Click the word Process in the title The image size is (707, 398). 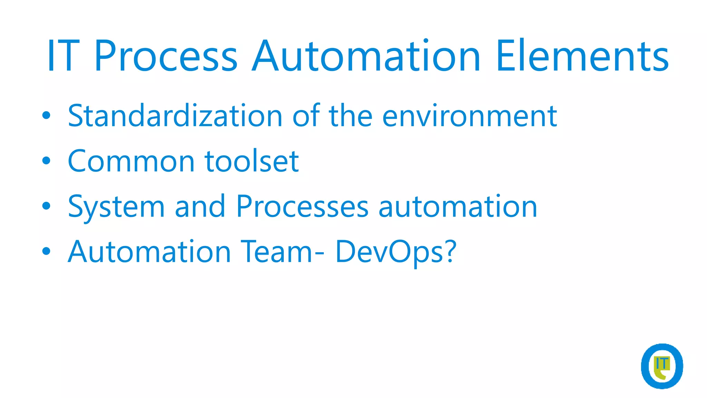point(166,56)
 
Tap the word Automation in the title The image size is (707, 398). point(366,56)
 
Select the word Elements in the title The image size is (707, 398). point(582,56)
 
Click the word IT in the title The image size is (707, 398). point(64,56)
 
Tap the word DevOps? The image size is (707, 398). point(396,252)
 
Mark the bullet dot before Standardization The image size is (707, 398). point(46,115)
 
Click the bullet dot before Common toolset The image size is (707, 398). point(46,161)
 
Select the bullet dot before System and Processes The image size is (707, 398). point(46,206)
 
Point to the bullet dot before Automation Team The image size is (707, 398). point(46,251)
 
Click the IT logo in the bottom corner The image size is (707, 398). point(662,366)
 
